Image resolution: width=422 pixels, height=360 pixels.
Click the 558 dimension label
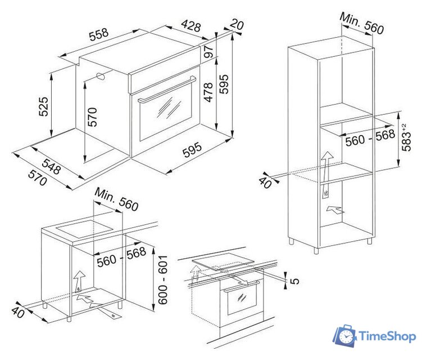(x=99, y=34)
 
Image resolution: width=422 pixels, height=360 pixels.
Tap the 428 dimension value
(x=191, y=26)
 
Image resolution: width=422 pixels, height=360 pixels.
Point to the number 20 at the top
(x=237, y=24)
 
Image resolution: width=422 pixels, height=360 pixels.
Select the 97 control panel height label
(x=208, y=52)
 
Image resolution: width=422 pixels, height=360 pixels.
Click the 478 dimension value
(x=208, y=92)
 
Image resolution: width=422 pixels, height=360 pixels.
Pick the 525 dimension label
(x=43, y=107)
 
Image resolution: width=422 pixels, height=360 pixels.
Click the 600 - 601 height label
(x=162, y=280)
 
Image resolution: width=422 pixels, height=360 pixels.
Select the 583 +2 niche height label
(x=406, y=137)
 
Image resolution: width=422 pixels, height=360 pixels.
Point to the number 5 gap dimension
(x=295, y=281)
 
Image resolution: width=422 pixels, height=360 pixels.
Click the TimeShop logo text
(x=387, y=336)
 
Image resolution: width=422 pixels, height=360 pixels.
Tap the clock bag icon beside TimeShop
(x=345, y=335)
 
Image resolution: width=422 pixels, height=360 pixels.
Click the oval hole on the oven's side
(x=101, y=76)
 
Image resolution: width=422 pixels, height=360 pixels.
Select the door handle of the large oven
(x=166, y=90)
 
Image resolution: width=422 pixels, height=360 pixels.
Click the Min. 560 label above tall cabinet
(x=361, y=24)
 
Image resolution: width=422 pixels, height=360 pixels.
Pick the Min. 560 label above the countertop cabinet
(x=116, y=199)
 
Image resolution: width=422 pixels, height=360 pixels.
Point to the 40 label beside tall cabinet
(x=265, y=182)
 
